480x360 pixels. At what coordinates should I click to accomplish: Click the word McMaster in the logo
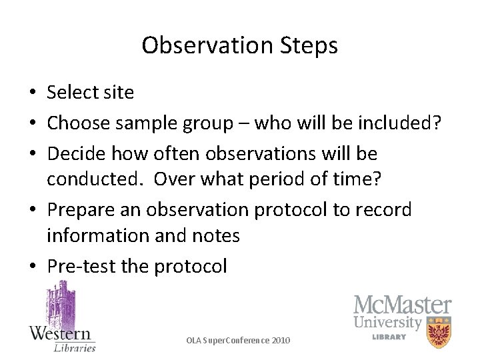402,306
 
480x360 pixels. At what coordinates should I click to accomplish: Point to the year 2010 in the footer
281,341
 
